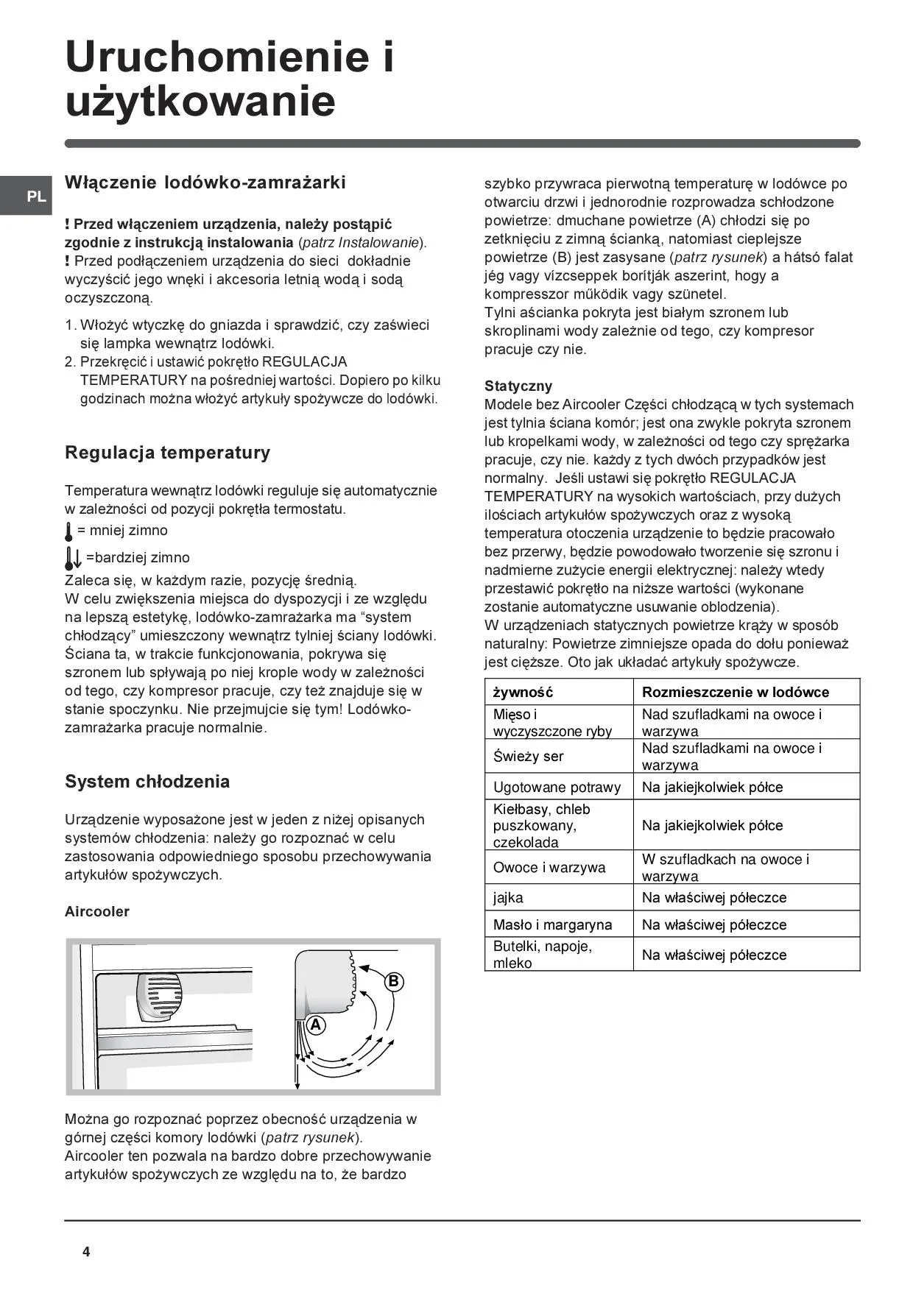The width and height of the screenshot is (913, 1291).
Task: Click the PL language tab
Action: [35, 197]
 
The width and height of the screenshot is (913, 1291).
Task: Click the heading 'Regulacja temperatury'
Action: [167, 452]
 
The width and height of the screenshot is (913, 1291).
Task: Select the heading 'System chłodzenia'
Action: [147, 781]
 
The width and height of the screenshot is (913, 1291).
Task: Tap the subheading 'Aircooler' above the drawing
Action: [97, 911]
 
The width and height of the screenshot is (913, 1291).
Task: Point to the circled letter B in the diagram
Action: [394, 981]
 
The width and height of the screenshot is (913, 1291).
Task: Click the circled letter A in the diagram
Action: [316, 1025]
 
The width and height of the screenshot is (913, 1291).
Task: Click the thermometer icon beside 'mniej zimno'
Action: [69, 531]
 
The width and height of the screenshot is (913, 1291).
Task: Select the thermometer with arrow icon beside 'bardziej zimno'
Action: [72, 558]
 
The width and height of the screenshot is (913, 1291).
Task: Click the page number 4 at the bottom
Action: [86, 1252]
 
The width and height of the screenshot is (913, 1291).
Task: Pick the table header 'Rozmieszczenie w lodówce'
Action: [735, 692]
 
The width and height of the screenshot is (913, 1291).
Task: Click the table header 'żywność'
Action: [523, 692]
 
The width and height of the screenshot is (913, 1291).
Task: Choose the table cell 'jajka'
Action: [508, 897]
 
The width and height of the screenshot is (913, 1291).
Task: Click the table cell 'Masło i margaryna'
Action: [552, 924]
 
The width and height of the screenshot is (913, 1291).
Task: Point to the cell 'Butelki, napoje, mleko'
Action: [543, 954]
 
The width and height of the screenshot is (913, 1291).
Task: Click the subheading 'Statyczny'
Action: [518, 386]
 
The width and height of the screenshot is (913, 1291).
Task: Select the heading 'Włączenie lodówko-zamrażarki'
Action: [205, 183]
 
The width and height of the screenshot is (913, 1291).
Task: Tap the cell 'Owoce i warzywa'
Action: [549, 867]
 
